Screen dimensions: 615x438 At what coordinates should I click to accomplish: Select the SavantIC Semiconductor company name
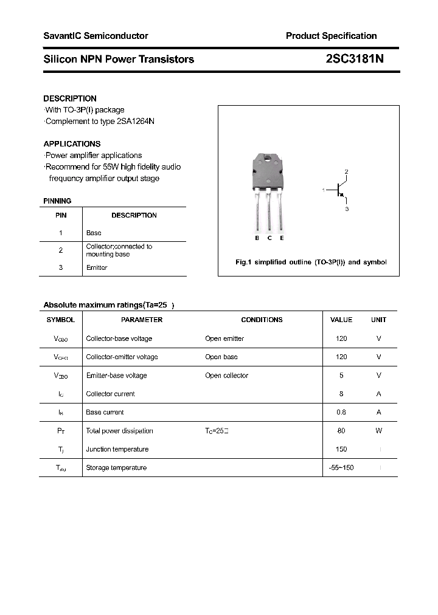point(96,36)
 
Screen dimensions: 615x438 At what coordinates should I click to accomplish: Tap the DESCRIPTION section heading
point(70,98)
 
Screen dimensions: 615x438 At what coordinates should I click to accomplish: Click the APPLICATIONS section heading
point(72,144)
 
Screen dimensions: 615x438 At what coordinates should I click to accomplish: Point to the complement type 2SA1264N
point(136,121)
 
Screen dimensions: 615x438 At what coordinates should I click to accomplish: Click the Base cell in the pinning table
point(94,233)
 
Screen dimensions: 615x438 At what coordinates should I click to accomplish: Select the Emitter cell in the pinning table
point(97,267)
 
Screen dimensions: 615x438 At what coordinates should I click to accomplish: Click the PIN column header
point(61,215)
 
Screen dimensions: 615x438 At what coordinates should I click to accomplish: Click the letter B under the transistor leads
point(257,238)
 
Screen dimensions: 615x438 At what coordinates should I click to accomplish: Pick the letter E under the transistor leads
point(282,238)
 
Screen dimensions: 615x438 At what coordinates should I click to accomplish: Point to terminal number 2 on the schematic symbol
point(346,172)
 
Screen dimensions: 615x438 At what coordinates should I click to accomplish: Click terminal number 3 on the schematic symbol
point(346,209)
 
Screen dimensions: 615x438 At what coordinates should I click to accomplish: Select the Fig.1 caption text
point(311,262)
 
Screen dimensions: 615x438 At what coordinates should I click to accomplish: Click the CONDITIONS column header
point(262,320)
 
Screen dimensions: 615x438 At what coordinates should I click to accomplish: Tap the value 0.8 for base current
point(341,412)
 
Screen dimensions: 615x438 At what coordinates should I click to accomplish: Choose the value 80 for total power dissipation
point(341,431)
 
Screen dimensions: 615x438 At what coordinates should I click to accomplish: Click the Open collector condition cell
point(226,376)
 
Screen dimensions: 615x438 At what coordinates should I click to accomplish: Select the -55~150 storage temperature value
point(341,467)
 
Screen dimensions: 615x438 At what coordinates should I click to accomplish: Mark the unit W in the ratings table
point(378,431)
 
